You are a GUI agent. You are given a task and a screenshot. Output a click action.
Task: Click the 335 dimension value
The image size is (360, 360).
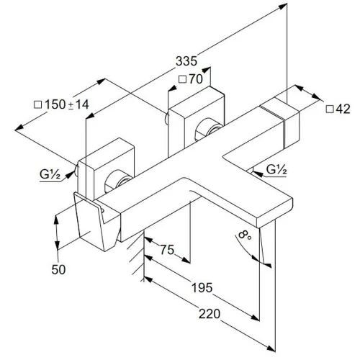tap(186, 61)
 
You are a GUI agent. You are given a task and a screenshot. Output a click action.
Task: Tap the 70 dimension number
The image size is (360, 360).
tap(196, 79)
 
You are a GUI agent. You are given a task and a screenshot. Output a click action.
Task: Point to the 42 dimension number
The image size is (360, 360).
tap(343, 109)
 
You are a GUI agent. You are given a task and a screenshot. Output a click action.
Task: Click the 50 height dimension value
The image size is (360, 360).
tap(58, 269)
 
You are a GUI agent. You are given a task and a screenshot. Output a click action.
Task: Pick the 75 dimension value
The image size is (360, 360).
tap(167, 250)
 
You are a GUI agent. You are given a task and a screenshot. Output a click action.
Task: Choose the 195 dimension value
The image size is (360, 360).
tap(202, 287)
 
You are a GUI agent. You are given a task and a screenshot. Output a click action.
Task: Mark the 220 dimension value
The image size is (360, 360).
tap(210, 314)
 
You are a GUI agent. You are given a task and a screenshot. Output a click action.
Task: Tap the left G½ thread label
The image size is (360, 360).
tap(50, 174)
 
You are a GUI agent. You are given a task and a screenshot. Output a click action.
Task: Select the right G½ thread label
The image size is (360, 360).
tap(276, 169)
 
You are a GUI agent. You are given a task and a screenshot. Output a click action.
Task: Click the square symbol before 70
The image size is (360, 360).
tap(183, 79)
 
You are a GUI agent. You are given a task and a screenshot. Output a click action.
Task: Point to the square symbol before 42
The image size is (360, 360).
tap(330, 109)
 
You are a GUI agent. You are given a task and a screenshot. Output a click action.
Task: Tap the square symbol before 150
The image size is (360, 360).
tap(38, 104)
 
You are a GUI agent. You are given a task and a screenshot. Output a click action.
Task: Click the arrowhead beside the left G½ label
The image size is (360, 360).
tap(69, 174)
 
